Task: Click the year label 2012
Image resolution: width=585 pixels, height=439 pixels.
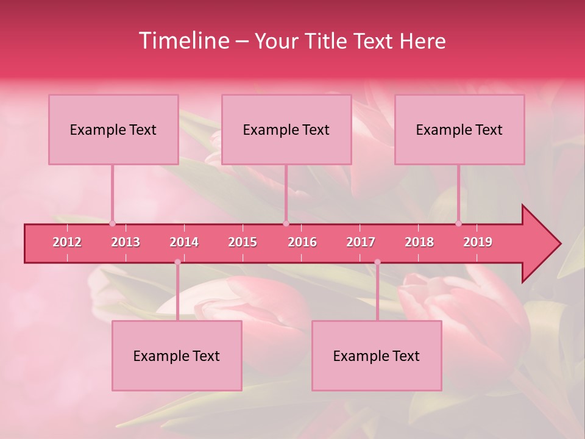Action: (67, 242)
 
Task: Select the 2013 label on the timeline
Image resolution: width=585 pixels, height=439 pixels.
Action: (126, 242)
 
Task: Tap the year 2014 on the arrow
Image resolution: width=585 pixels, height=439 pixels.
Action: (184, 242)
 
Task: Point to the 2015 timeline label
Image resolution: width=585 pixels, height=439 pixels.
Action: (243, 242)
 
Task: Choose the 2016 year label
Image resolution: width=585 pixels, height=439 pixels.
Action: (302, 242)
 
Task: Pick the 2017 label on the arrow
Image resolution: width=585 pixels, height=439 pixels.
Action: (361, 242)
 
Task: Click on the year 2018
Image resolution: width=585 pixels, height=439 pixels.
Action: (419, 242)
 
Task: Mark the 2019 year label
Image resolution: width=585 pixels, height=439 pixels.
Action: (478, 242)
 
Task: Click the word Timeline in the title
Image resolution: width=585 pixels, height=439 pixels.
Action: (183, 41)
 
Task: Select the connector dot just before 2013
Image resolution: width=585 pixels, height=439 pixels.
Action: (112, 223)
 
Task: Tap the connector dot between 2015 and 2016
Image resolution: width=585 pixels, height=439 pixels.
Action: (286, 223)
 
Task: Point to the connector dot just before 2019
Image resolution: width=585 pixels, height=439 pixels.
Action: (459, 223)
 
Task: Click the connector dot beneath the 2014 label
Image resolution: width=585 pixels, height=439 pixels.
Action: (177, 262)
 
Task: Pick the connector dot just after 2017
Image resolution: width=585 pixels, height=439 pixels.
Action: (377, 262)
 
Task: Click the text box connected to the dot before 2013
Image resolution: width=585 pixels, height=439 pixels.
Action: (113, 129)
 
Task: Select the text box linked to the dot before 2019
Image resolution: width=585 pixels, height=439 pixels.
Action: (459, 129)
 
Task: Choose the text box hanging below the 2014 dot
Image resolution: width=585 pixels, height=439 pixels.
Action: (177, 355)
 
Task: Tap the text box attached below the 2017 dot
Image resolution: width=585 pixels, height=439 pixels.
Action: (377, 355)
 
